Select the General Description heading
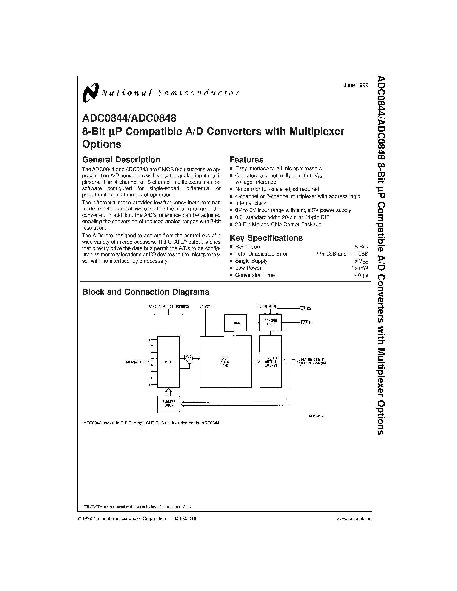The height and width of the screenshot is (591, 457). pos(121,160)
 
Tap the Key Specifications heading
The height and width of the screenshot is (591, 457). pos(266,238)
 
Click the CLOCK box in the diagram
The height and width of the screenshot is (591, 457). pos(235,323)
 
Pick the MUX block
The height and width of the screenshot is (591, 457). pos(168,362)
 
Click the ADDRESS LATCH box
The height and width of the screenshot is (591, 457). pos(168,404)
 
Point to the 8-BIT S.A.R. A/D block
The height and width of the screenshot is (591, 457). pos(225,362)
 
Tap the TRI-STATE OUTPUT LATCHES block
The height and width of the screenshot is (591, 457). pos(271,362)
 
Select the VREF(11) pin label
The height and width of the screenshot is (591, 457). pos(205,307)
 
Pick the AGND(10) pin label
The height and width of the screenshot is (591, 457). pos(155,307)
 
